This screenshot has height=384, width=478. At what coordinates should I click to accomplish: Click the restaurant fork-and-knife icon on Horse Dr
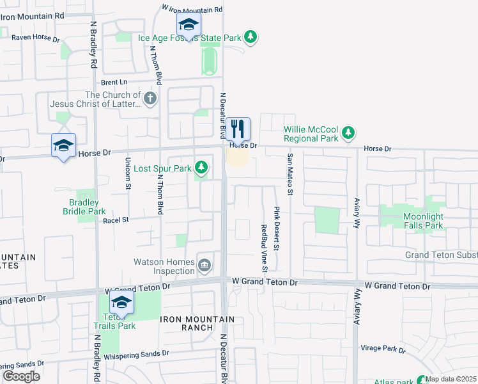238,129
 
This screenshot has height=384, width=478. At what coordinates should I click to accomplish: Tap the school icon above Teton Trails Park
121,303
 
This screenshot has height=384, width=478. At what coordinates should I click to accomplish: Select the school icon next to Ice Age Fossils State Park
188,25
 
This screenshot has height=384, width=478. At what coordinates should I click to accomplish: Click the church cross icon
150,99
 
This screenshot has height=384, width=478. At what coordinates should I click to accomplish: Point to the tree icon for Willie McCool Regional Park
348,133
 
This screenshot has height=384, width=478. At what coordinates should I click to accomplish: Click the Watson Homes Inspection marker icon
204,266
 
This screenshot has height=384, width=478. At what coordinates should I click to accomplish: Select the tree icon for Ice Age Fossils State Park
252,37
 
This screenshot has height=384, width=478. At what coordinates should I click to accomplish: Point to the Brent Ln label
114,83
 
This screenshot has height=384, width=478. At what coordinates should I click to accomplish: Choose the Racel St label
116,220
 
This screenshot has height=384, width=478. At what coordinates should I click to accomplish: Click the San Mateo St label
289,173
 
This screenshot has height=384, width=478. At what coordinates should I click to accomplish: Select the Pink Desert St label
277,228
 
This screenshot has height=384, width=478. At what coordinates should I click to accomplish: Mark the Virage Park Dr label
383,350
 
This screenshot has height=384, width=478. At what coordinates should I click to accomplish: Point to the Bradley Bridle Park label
87,207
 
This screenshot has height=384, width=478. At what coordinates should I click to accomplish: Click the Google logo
21,376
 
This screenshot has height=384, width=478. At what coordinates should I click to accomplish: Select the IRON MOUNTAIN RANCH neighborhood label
188,323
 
